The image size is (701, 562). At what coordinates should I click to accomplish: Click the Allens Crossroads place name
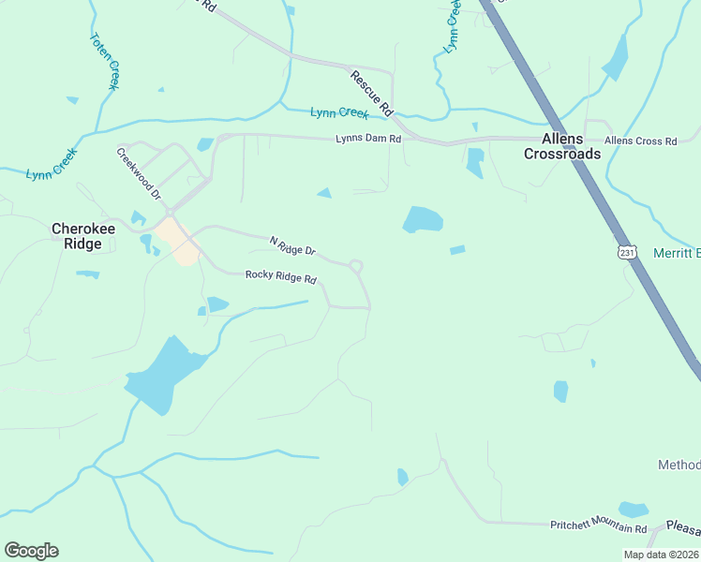coord(562,146)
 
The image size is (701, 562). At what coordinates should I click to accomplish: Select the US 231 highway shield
coord(627,252)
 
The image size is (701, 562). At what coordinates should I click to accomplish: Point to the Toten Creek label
coord(104,62)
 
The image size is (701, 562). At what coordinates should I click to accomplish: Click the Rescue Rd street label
coord(370,94)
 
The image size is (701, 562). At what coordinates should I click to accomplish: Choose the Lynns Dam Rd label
coord(368,139)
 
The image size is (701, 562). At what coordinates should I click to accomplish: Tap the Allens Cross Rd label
coord(640,140)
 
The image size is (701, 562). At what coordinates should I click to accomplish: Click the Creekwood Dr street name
coord(139,173)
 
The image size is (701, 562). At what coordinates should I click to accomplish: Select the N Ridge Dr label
coord(293,246)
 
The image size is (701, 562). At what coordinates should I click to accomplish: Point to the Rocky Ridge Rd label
coord(281,276)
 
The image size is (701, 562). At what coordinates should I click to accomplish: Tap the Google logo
coord(31,551)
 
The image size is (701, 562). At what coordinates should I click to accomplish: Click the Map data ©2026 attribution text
coord(662,555)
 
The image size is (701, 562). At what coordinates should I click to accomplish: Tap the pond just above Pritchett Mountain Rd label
coord(634,510)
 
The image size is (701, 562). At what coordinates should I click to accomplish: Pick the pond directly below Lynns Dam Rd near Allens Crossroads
coord(475,162)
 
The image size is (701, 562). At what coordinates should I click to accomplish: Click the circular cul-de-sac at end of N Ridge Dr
coord(356,267)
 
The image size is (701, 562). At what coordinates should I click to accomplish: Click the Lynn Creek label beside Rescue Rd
coord(339,113)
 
